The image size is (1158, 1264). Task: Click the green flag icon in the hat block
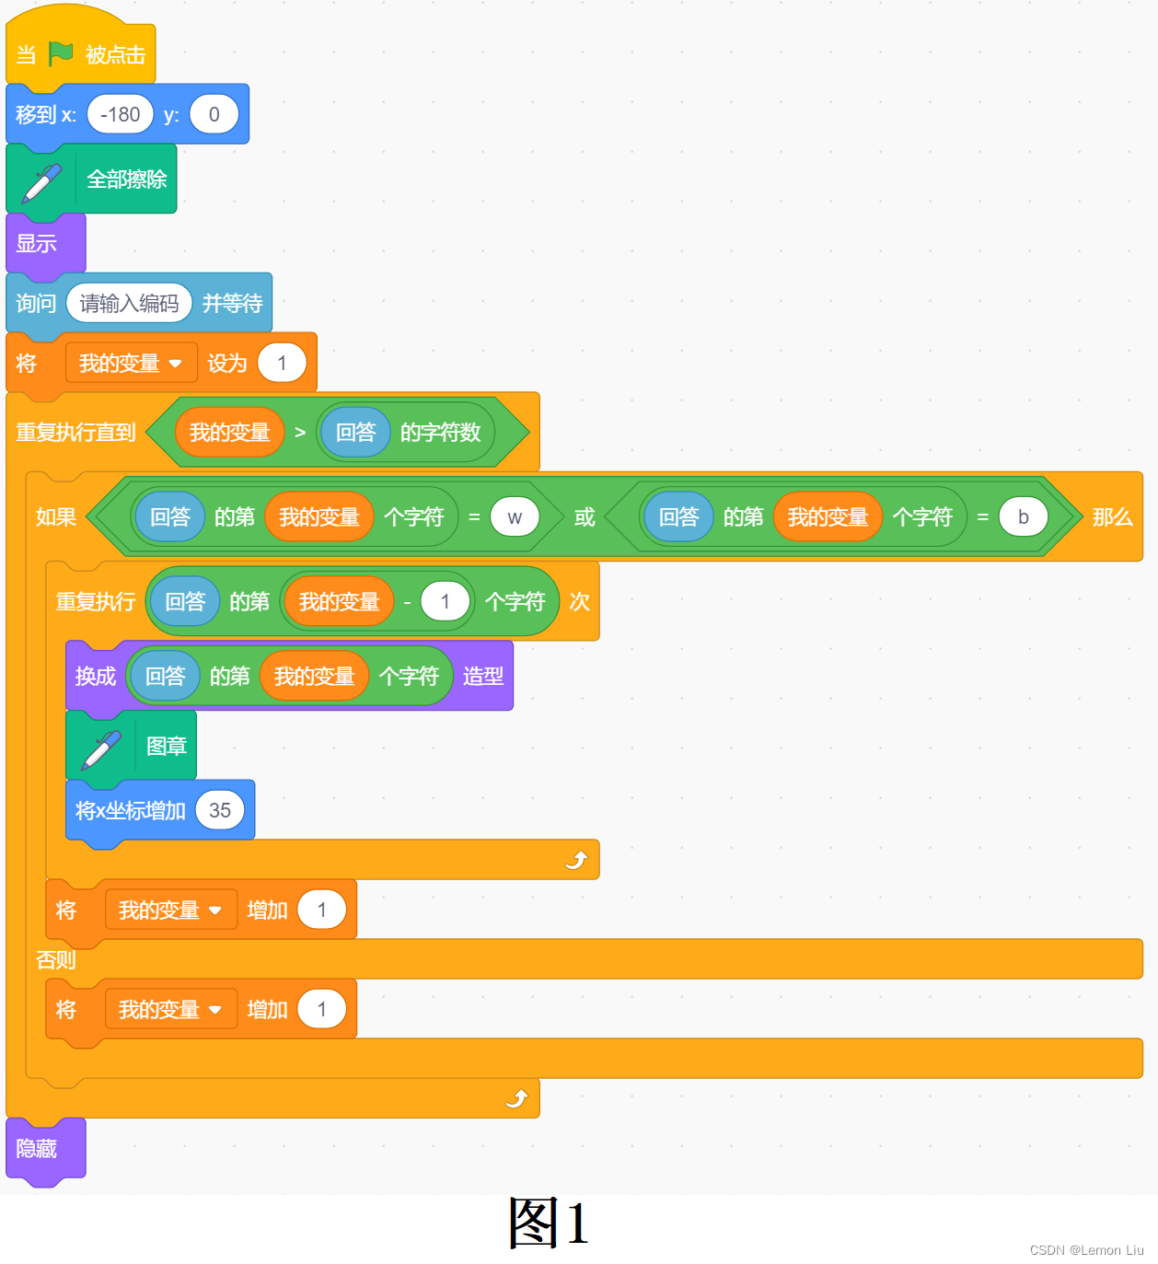(x=61, y=54)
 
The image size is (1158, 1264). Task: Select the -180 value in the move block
(x=120, y=115)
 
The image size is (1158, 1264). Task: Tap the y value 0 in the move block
(x=214, y=115)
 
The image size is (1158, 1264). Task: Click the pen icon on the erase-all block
(x=42, y=181)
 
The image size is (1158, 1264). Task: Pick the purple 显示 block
(x=38, y=244)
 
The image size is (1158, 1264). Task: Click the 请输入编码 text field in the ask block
(x=129, y=303)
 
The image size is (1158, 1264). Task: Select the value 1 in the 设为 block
(x=282, y=364)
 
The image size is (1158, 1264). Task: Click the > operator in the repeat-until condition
(x=300, y=433)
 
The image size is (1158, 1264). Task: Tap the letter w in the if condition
(x=515, y=517)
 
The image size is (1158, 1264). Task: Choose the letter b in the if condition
(x=1023, y=517)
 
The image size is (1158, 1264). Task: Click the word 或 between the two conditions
(x=585, y=517)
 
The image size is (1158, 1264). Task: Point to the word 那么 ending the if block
(x=1112, y=517)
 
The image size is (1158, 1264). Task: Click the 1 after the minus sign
(x=445, y=602)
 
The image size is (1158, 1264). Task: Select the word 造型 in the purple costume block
(x=482, y=677)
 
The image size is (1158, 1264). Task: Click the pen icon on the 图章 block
(x=101, y=748)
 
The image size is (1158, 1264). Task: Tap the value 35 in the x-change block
(x=220, y=811)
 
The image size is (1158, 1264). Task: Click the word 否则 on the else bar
(x=55, y=960)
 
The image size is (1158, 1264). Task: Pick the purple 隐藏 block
(x=38, y=1149)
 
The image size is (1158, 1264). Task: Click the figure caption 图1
(x=549, y=1223)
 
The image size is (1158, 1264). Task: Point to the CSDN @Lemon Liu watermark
(x=1086, y=1250)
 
